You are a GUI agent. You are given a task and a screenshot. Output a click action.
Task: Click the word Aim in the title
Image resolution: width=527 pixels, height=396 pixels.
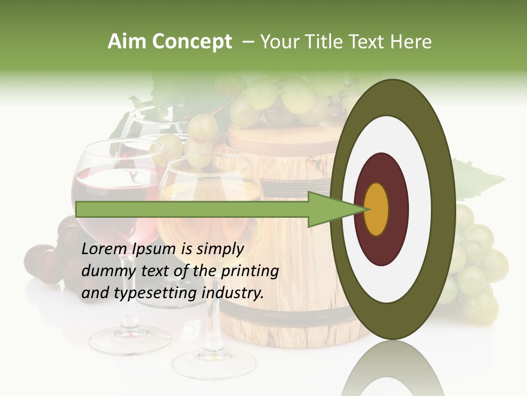(127, 42)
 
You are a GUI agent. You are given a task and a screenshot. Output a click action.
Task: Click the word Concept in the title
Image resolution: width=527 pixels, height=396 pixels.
(192, 42)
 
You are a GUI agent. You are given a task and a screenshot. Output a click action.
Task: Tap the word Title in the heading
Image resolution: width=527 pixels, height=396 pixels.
(330, 42)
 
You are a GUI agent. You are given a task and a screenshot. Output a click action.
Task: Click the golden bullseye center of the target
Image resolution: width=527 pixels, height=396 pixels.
(377, 209)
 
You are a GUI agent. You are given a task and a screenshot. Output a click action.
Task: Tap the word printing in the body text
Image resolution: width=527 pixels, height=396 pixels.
(250, 271)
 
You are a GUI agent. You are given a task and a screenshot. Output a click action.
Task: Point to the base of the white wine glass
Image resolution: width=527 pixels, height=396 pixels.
(214, 364)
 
